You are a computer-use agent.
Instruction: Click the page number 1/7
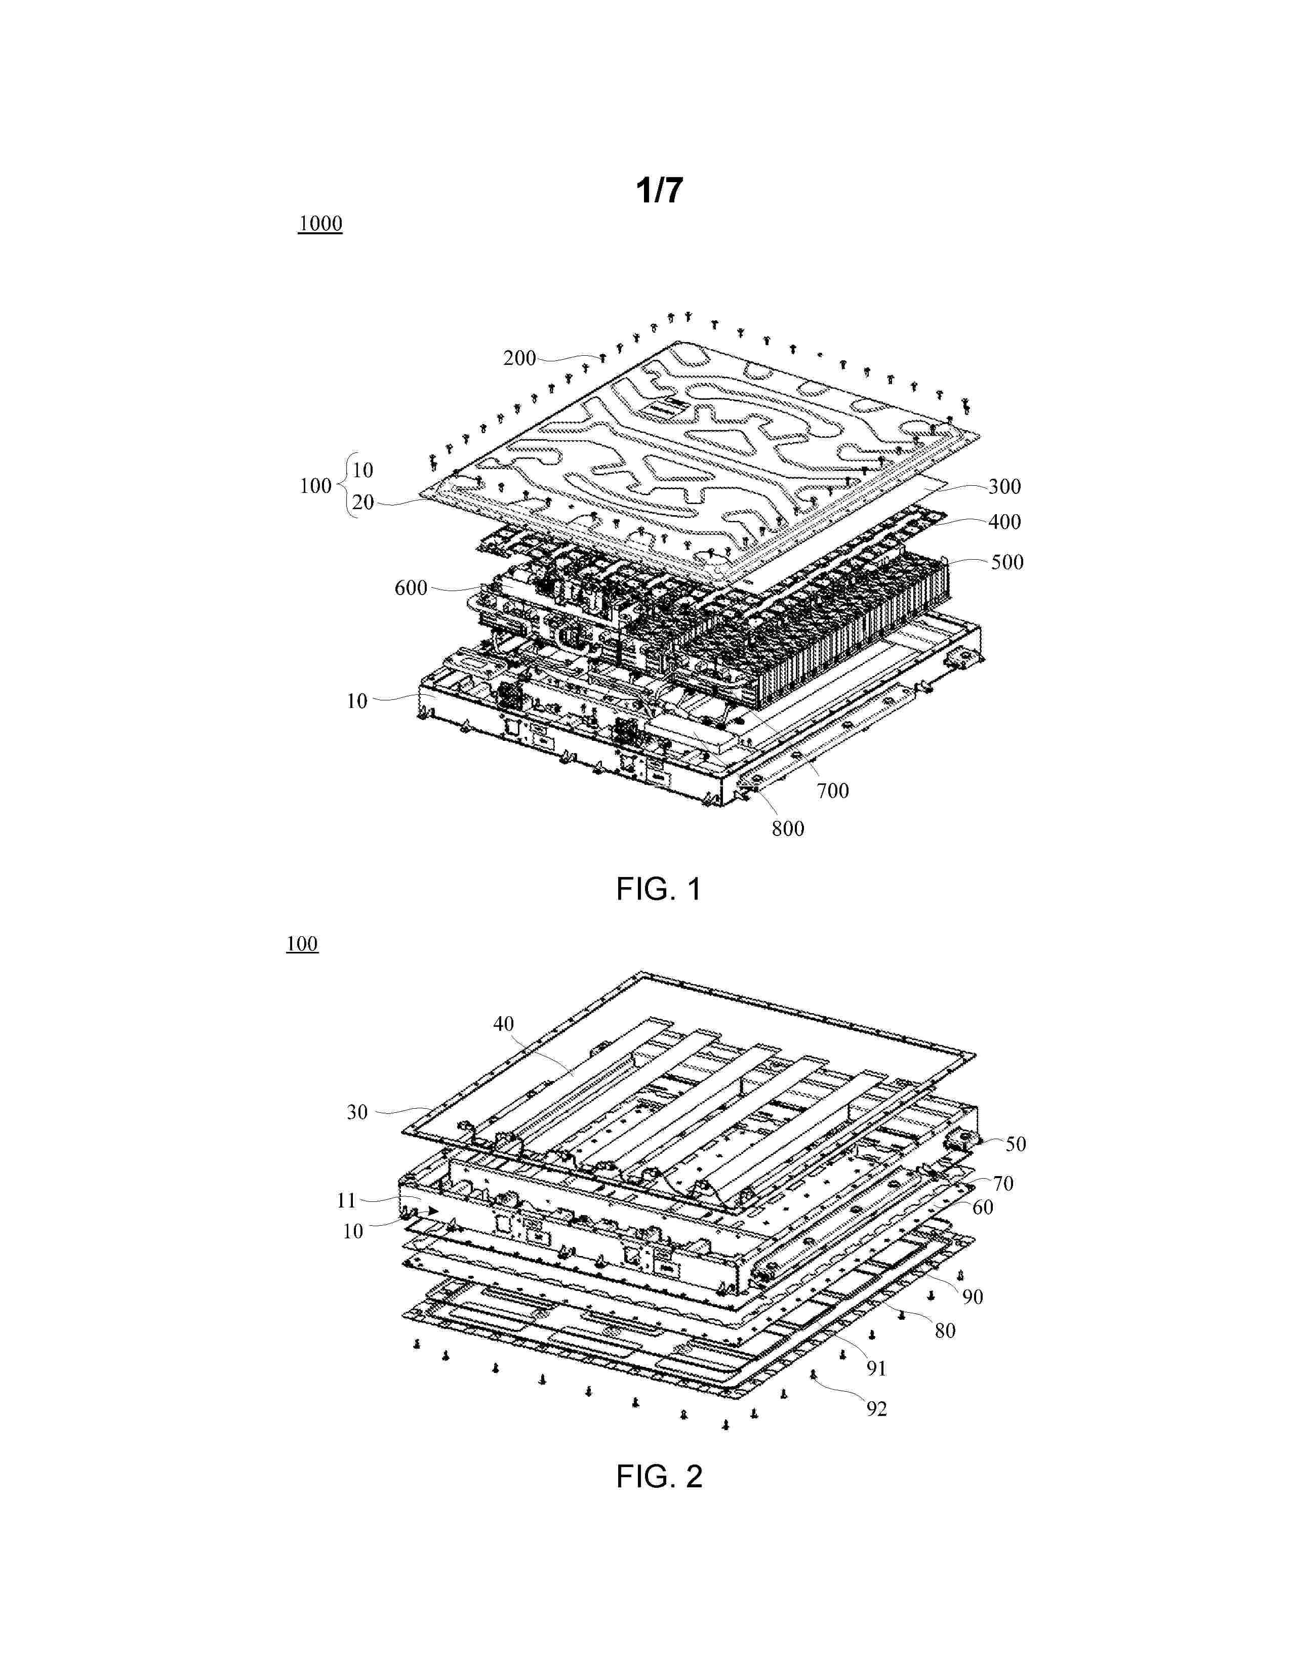[659, 190]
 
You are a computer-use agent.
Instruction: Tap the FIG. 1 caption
[659, 889]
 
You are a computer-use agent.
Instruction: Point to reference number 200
[519, 358]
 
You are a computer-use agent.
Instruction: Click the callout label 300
[1004, 486]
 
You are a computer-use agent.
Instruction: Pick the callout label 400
[1004, 521]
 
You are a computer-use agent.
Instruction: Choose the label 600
[411, 588]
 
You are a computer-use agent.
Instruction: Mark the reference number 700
[832, 790]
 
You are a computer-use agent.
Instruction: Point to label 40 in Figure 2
[503, 1023]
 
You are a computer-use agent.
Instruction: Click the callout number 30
[357, 1112]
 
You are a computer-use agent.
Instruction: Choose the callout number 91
[876, 1369]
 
